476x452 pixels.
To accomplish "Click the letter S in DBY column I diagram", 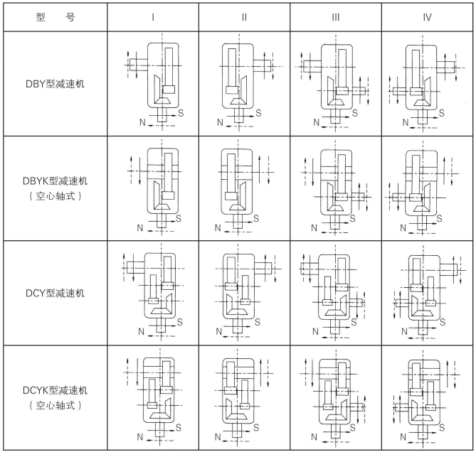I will click(181, 112).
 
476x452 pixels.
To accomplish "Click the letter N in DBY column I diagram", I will click(143, 123).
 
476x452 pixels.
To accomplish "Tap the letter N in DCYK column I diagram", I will click(141, 436).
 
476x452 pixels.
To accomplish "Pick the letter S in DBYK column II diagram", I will click(258, 217).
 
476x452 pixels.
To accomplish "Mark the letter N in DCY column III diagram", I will click(313, 332).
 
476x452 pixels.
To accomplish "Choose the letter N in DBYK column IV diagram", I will click(404, 227).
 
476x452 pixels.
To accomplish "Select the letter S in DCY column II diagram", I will click(258, 321).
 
